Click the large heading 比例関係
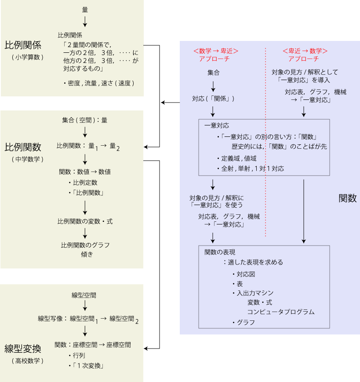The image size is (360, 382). pos(23,45)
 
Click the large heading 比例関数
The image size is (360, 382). pos(23,146)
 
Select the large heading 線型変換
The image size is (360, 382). pos(23,349)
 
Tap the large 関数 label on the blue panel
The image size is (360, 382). pos(347,198)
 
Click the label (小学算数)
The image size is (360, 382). pos(28,57)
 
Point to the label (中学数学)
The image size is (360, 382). pos(28,158)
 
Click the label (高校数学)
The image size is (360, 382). pos(28,361)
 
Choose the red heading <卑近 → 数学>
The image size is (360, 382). pos(305,51)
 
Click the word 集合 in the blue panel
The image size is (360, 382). pos(214,72)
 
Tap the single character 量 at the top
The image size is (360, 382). pos(85,9)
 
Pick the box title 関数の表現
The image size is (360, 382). pos(220,252)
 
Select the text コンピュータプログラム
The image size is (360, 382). pos(281,312)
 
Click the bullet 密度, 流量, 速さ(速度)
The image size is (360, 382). pos(98,83)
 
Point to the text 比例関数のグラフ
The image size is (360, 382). pos(85,245)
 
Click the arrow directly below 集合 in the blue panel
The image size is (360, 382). pos(213,85)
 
